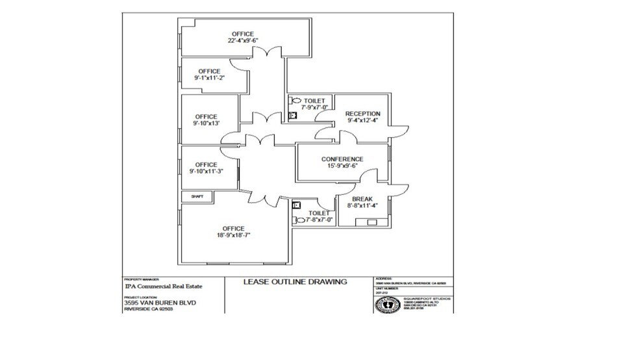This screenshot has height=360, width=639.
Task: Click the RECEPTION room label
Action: coord(362,114)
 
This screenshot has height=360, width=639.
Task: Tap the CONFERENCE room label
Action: coord(342,159)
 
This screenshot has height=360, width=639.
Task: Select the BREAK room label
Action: coord(362,199)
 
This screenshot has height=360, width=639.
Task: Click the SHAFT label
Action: coord(197,196)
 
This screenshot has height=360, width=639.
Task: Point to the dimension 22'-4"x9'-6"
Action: coord(242,41)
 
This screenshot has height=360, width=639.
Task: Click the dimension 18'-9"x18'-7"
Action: coord(233,235)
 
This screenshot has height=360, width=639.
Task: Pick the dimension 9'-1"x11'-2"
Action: coord(209,78)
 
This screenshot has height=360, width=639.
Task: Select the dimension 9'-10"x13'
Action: coord(206,123)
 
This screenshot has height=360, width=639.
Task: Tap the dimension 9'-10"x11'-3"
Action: coord(206,172)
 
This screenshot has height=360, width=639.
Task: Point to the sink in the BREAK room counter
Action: coord(373,222)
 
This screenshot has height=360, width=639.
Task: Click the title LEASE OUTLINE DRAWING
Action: coord(295,281)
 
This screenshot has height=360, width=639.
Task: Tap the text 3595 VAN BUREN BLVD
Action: coord(160,302)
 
